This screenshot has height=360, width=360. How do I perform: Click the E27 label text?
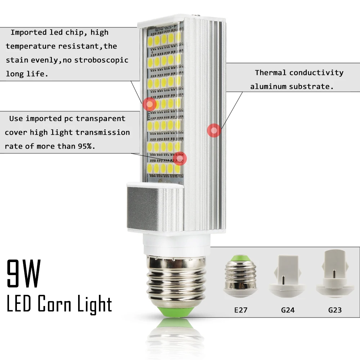click(x=240, y=310)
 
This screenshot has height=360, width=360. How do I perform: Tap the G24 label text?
click(x=288, y=310)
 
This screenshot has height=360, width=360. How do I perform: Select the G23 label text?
click(x=335, y=310)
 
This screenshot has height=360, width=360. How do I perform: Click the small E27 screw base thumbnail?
click(x=240, y=276)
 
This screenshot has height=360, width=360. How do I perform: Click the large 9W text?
click(x=24, y=274)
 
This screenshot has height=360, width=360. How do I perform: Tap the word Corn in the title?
click(x=54, y=303)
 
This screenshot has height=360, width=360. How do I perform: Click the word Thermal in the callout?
click(x=270, y=73)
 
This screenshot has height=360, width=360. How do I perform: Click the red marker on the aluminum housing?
click(x=214, y=130)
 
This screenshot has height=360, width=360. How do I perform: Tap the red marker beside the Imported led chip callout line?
click(x=149, y=104)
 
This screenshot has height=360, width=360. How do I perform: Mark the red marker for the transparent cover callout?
click(x=180, y=158)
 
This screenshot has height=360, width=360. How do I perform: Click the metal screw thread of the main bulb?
click(x=176, y=281)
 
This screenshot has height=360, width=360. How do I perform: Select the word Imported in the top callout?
click(x=28, y=33)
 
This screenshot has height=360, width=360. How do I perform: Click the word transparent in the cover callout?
click(x=100, y=119)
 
